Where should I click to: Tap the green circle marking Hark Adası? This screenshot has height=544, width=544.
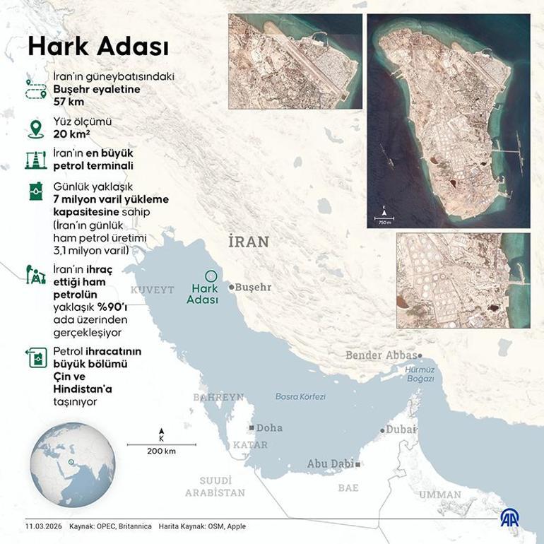[x=209, y=277]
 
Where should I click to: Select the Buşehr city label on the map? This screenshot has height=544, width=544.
[x=252, y=288]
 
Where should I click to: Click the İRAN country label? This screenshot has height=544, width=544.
[x=249, y=242]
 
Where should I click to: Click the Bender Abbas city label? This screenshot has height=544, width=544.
[x=381, y=355]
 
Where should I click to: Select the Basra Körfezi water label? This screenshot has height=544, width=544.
[x=300, y=396]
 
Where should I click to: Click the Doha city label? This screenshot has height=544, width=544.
[x=268, y=428]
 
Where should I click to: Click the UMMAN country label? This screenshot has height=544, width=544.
[x=439, y=495]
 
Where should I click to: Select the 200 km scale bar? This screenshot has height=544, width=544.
[x=162, y=445]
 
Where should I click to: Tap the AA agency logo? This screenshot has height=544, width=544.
[x=512, y=518]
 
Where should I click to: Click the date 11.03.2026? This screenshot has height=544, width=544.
[x=44, y=526]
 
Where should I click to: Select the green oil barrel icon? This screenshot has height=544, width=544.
[x=35, y=191]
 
